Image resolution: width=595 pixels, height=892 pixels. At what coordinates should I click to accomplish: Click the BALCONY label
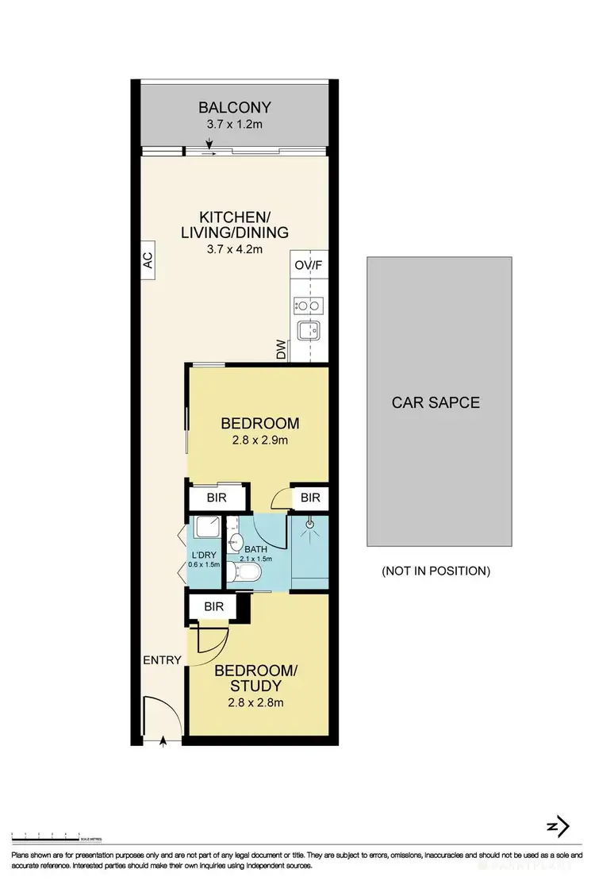(x=235, y=107)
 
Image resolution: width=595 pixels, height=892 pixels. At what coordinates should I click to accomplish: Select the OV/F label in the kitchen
(x=309, y=266)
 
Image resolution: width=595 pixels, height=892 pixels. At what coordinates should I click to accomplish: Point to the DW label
(x=282, y=351)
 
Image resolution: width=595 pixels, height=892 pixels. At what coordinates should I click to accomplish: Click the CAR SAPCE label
(x=436, y=402)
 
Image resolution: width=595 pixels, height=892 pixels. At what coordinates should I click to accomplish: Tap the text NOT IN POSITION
(x=436, y=571)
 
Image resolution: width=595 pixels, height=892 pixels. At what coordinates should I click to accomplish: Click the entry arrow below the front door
(x=163, y=741)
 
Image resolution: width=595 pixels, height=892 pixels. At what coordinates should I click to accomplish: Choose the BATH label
(x=256, y=548)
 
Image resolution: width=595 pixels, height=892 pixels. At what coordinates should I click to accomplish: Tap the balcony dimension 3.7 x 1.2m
(x=235, y=125)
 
